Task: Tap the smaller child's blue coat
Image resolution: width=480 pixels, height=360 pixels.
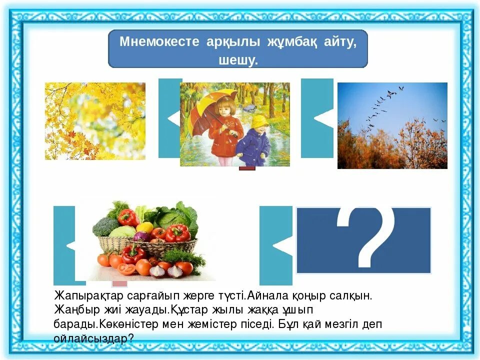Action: [253, 143]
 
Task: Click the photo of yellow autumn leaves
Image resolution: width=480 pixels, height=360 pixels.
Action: [95, 121]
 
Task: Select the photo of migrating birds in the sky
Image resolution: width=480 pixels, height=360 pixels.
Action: [392, 125]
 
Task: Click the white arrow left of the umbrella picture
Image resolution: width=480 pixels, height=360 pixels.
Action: [174, 119]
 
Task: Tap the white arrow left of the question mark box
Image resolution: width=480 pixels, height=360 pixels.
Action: [282, 246]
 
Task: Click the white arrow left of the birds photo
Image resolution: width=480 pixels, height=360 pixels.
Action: [323, 118]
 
